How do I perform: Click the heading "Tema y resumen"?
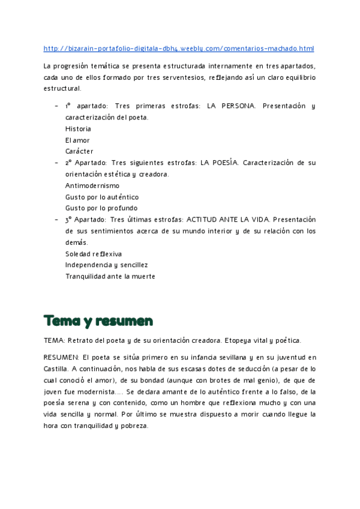click(98, 320)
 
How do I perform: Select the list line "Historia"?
click(78, 128)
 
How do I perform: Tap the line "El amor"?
click(77, 140)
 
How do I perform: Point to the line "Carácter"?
click(79, 151)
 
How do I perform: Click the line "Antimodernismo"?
click(92, 185)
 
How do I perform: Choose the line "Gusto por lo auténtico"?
click(102, 197)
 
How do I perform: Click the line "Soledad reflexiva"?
click(94, 254)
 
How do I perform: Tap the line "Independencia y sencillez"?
click(107, 265)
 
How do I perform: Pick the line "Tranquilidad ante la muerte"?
click(110, 276)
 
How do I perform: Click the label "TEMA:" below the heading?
click(55, 340)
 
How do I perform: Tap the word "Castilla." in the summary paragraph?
click(56, 369)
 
